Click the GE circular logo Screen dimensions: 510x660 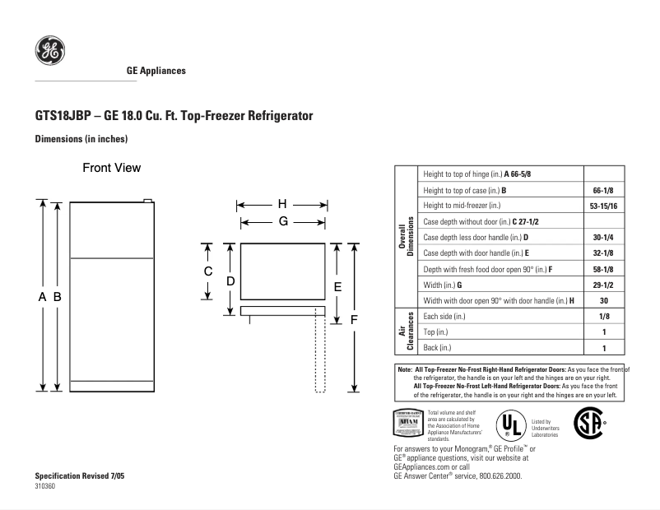click(x=49, y=51)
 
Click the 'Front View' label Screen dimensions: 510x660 click(x=111, y=168)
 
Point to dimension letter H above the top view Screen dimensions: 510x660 click(x=281, y=204)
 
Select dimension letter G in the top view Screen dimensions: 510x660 click(x=282, y=221)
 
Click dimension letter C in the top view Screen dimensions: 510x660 click(x=208, y=271)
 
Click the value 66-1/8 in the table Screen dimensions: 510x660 click(x=603, y=190)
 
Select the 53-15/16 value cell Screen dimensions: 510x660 click(x=603, y=206)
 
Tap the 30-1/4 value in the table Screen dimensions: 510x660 click(x=603, y=238)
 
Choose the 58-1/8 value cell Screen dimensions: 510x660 click(x=603, y=269)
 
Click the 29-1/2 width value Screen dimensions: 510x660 click(x=603, y=285)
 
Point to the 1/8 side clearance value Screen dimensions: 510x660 click(x=603, y=316)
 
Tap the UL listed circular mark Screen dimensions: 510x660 click(x=510, y=425)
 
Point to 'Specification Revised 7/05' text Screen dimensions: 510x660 click(x=80, y=477)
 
